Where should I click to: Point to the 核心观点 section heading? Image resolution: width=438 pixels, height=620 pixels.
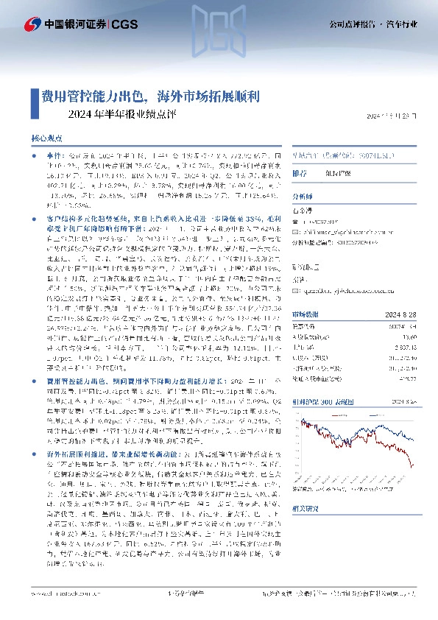(47, 138)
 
